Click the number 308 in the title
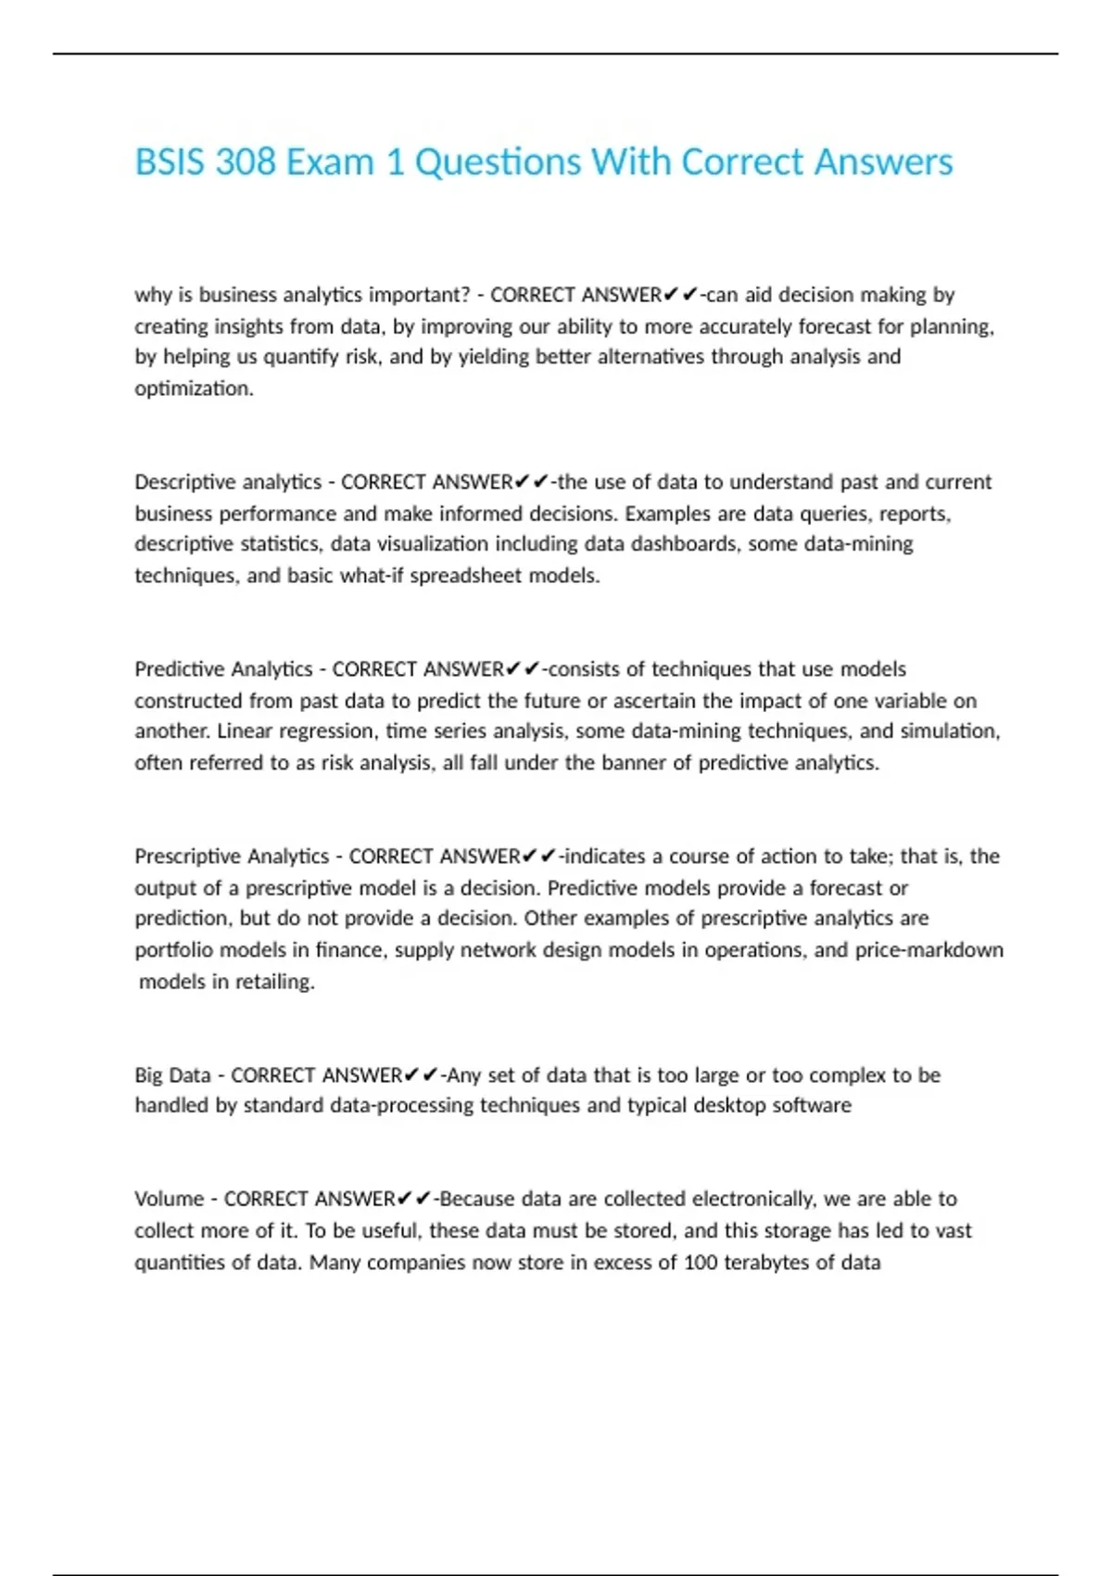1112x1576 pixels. click(x=246, y=162)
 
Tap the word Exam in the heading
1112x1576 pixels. click(x=330, y=162)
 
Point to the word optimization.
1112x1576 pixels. click(x=194, y=388)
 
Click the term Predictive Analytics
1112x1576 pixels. click(x=223, y=669)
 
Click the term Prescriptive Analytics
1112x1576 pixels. click(x=232, y=857)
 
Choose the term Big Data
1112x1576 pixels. click(x=172, y=1075)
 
